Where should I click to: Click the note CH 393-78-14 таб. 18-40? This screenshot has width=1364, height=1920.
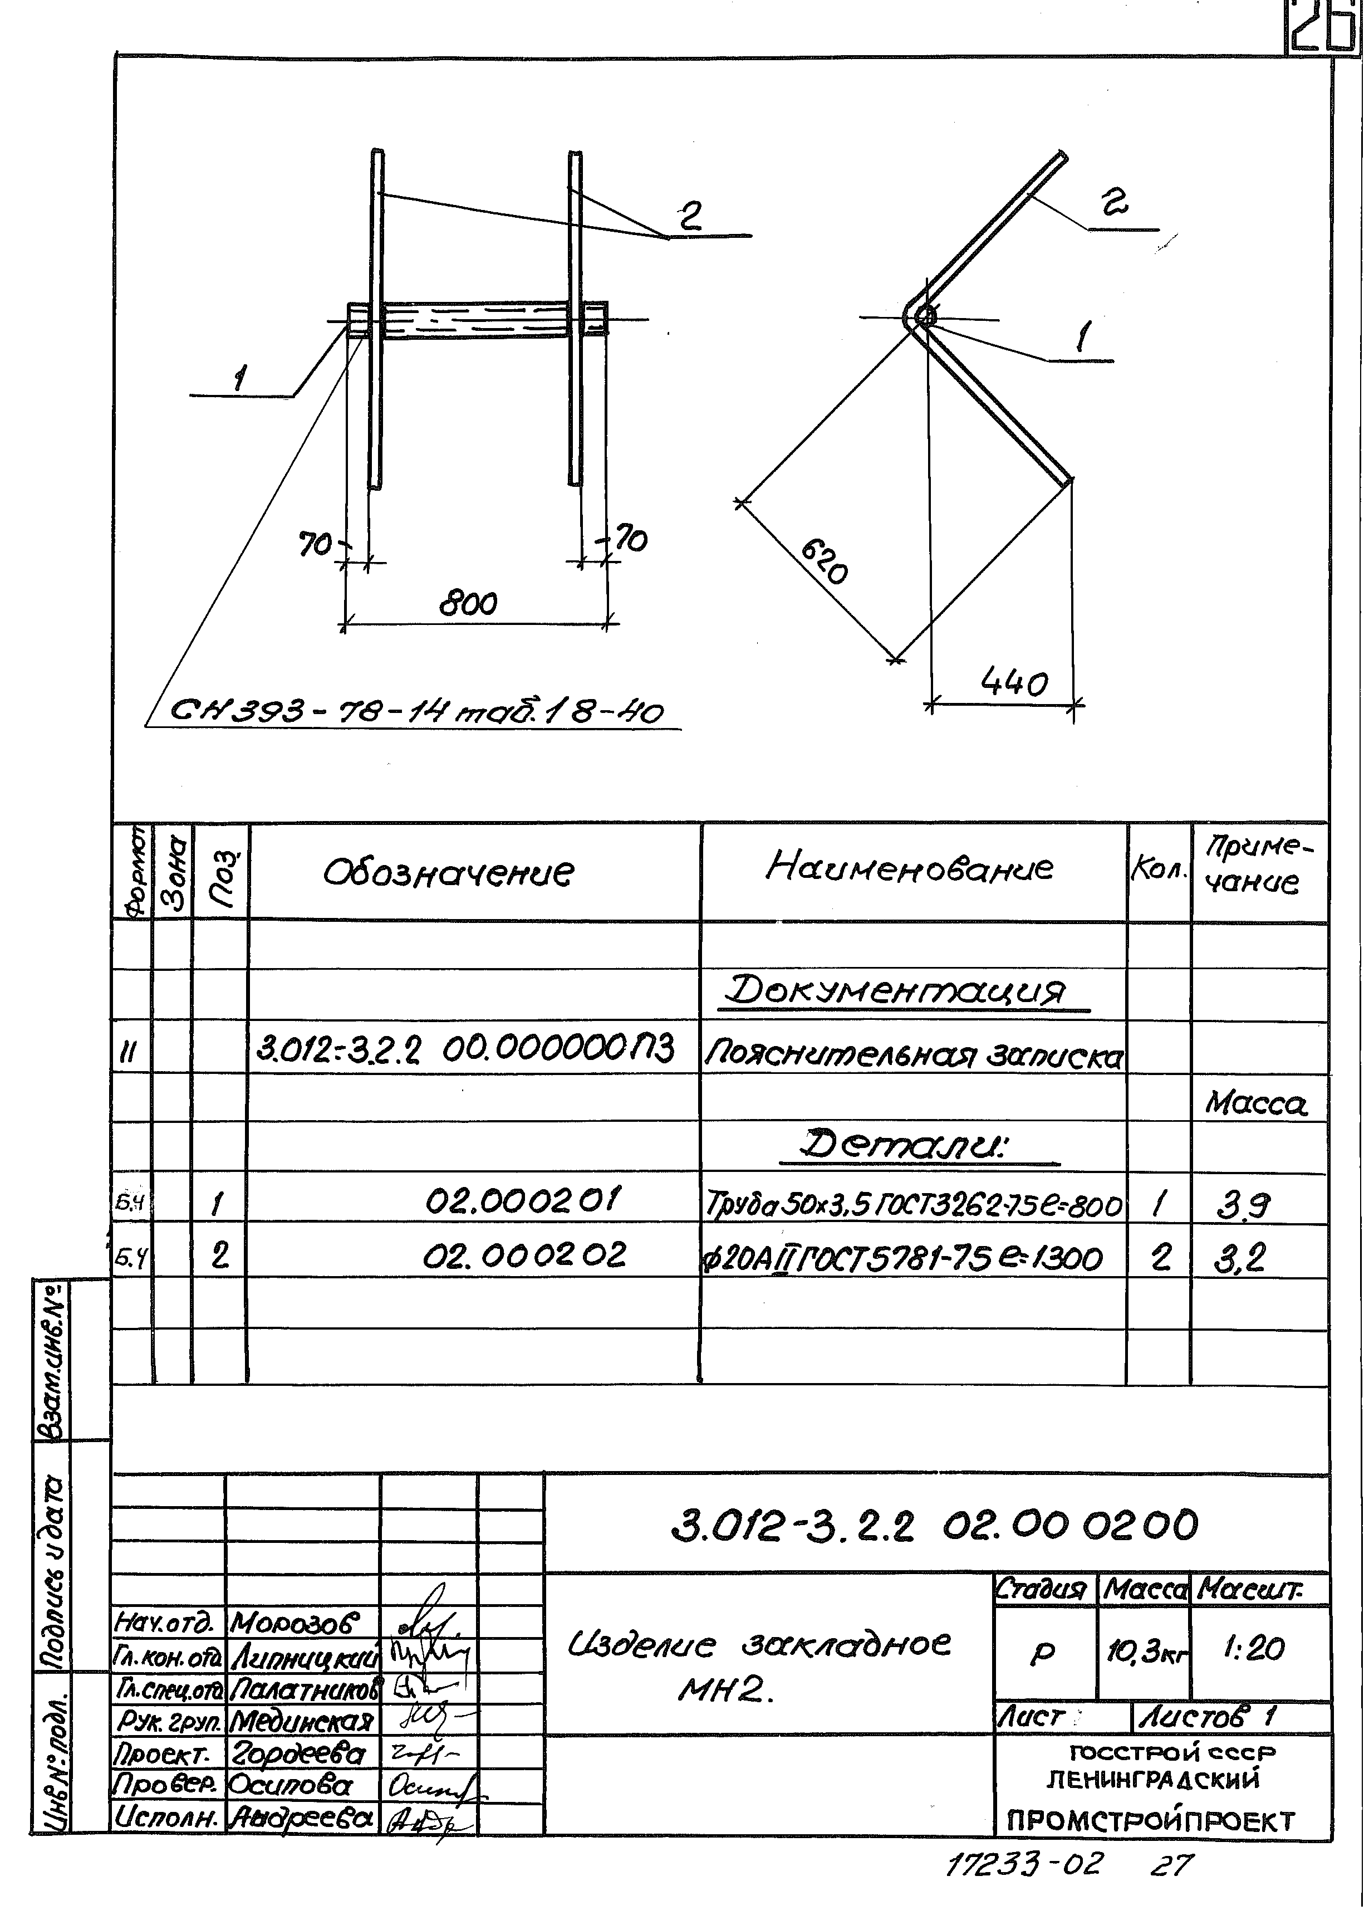pos(416,712)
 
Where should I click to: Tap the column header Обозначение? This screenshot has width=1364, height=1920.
pos(449,873)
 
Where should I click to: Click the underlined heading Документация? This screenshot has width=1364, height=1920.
pos(895,991)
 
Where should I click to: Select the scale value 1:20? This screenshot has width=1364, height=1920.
pos(1254,1649)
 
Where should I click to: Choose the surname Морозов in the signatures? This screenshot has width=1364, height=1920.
pos(294,1621)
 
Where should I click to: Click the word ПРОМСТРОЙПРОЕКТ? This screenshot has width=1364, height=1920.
pos(1151,1821)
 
